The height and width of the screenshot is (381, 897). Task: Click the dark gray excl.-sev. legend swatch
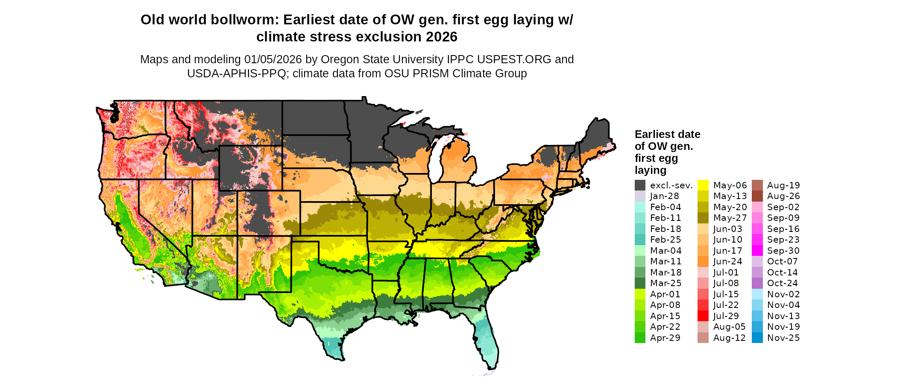640,185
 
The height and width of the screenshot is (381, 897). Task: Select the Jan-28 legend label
664,196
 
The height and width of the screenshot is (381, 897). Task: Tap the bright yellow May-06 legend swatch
703,185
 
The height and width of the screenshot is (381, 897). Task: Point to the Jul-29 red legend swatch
703,316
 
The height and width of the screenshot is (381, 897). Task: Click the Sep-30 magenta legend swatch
757,251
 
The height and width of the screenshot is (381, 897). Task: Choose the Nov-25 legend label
783,338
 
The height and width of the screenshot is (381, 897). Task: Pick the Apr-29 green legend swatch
640,338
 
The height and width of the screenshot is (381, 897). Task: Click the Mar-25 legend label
665,283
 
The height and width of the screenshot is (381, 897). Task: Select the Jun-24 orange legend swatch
703,261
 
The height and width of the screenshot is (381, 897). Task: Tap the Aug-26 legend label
783,196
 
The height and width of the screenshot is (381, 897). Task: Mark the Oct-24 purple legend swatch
757,283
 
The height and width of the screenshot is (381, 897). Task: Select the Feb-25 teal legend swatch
640,240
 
